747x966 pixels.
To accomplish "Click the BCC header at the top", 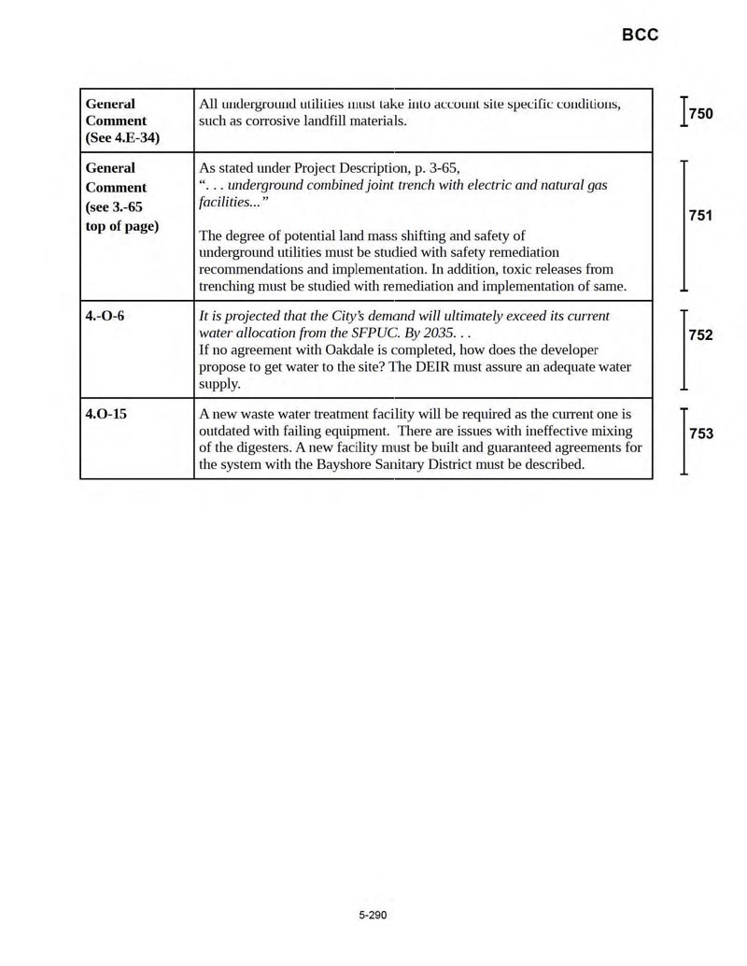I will click(640, 35).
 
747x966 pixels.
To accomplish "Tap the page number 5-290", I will click(372, 915).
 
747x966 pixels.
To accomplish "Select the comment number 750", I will click(700, 114).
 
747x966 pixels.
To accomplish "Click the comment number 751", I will click(700, 217).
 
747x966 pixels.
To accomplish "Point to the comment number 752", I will click(700, 335).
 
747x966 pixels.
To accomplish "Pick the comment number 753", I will click(700, 433).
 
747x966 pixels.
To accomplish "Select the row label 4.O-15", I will click(106, 413).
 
